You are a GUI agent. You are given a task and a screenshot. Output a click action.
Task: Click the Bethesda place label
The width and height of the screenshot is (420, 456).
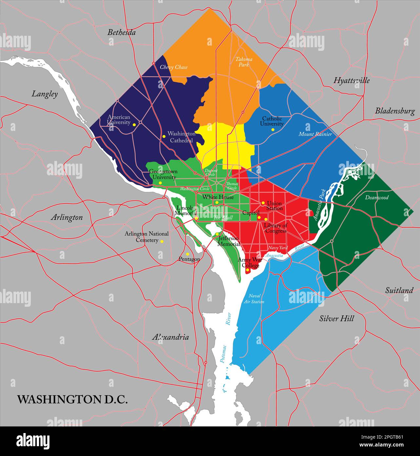coord(122,32)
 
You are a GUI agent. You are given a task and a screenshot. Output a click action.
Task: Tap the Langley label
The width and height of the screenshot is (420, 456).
coord(45,94)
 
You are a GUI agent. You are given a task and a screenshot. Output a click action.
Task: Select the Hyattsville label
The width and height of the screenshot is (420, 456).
coord(351,80)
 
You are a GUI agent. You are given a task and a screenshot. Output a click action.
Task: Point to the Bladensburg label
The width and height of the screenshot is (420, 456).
coord(395,111)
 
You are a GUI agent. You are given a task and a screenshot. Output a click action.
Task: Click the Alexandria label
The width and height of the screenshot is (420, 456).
coord(170,337)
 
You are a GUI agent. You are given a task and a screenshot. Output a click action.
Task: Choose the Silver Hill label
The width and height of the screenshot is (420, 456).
coord(336,319)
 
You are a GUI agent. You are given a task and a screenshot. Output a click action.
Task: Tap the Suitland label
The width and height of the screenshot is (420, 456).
coord(399,290)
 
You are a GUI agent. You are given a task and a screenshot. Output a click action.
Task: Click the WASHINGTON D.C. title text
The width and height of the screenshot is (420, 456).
coord(72,399)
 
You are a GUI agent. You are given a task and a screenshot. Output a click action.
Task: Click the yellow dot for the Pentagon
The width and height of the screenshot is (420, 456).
coord(187,254)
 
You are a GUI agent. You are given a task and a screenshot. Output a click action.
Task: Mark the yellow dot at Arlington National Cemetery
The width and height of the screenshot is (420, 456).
coord(162,241)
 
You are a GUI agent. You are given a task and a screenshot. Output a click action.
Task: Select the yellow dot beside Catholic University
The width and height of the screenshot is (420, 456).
coord(273,130)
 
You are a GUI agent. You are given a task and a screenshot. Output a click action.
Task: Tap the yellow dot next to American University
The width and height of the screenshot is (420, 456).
coord(134,125)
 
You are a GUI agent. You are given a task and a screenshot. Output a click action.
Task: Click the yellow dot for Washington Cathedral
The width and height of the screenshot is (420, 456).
coord(164,136)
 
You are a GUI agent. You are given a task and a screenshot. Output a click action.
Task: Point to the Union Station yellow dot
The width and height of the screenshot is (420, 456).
coord(263,203)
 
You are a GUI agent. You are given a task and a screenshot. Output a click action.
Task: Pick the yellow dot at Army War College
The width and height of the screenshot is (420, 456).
coord(248,270)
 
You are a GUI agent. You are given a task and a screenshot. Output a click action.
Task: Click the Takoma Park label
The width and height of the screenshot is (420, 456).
coord(244,62)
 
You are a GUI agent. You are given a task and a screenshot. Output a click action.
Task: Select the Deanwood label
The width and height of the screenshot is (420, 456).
coord(377,197)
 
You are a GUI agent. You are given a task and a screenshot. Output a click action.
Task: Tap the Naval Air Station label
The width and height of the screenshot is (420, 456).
coord(254,299)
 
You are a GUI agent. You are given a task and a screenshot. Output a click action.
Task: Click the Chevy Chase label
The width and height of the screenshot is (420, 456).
coord(174,67)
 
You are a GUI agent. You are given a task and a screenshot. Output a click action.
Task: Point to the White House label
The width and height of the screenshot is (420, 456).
coord(218,197)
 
